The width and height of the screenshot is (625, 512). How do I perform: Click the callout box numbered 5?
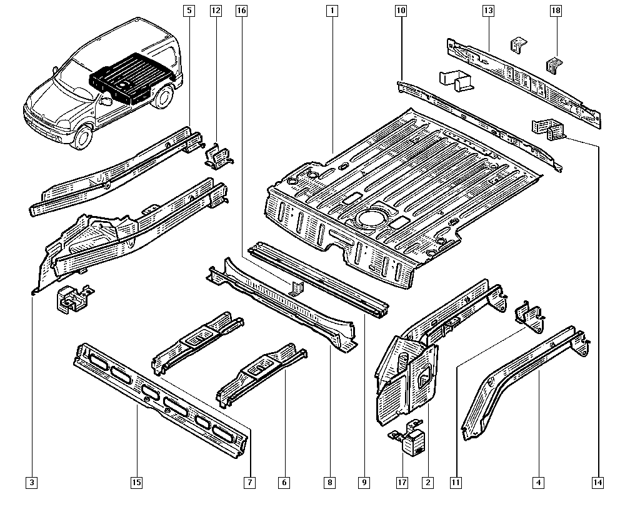tap(189, 11)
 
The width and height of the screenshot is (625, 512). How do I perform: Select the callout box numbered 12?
tap(216, 11)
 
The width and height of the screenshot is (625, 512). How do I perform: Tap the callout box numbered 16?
tap(242, 11)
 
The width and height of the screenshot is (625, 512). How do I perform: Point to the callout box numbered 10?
tap(401, 11)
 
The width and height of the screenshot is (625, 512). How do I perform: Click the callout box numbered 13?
tap(488, 11)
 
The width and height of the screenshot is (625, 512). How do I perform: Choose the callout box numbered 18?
tap(556, 11)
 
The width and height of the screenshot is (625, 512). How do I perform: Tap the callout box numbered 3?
tap(32, 482)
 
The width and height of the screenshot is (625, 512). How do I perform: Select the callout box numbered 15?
tap(136, 482)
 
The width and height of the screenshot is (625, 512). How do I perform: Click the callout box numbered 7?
tap(249, 482)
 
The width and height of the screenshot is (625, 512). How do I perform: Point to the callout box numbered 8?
tap(329, 482)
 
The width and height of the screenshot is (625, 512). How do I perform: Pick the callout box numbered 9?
tap(364, 482)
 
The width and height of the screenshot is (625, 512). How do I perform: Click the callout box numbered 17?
tap(401, 482)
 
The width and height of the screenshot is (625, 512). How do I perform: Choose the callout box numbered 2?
tap(428, 482)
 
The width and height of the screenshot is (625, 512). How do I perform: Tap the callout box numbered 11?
tap(456, 482)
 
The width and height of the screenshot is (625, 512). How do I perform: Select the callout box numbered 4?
tap(537, 482)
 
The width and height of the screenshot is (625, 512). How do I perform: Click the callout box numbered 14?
tap(598, 482)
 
